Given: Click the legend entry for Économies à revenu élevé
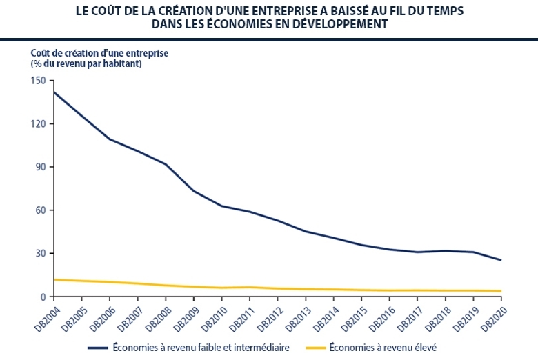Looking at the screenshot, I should click(383, 347).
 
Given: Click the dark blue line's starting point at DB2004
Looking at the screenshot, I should click(53, 92).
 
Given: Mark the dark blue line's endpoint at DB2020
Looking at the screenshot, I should click(501, 260).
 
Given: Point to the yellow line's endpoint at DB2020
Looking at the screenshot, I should click(501, 291).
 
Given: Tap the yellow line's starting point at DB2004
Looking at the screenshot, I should click(53, 279).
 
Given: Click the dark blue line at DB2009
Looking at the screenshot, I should click(193, 191).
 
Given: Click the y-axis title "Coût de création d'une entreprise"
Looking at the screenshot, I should click(99, 52).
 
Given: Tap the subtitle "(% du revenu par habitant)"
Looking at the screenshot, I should click(86, 63).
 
